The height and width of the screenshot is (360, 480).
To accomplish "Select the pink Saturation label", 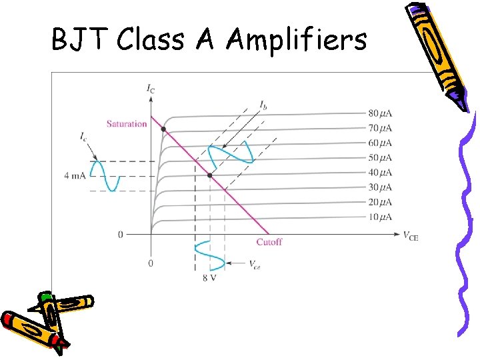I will pos(127,124).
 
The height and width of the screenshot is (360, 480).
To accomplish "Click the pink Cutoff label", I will pos(269,242).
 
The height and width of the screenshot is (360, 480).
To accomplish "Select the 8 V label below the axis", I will pos(209,277).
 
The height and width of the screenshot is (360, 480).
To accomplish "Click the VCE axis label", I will pos(410,235).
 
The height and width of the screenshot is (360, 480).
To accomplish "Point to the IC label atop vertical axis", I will pos(150,88).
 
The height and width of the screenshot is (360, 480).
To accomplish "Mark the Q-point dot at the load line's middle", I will pos(210,175).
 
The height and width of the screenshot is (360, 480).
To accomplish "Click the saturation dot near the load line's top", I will pos(163,129).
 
